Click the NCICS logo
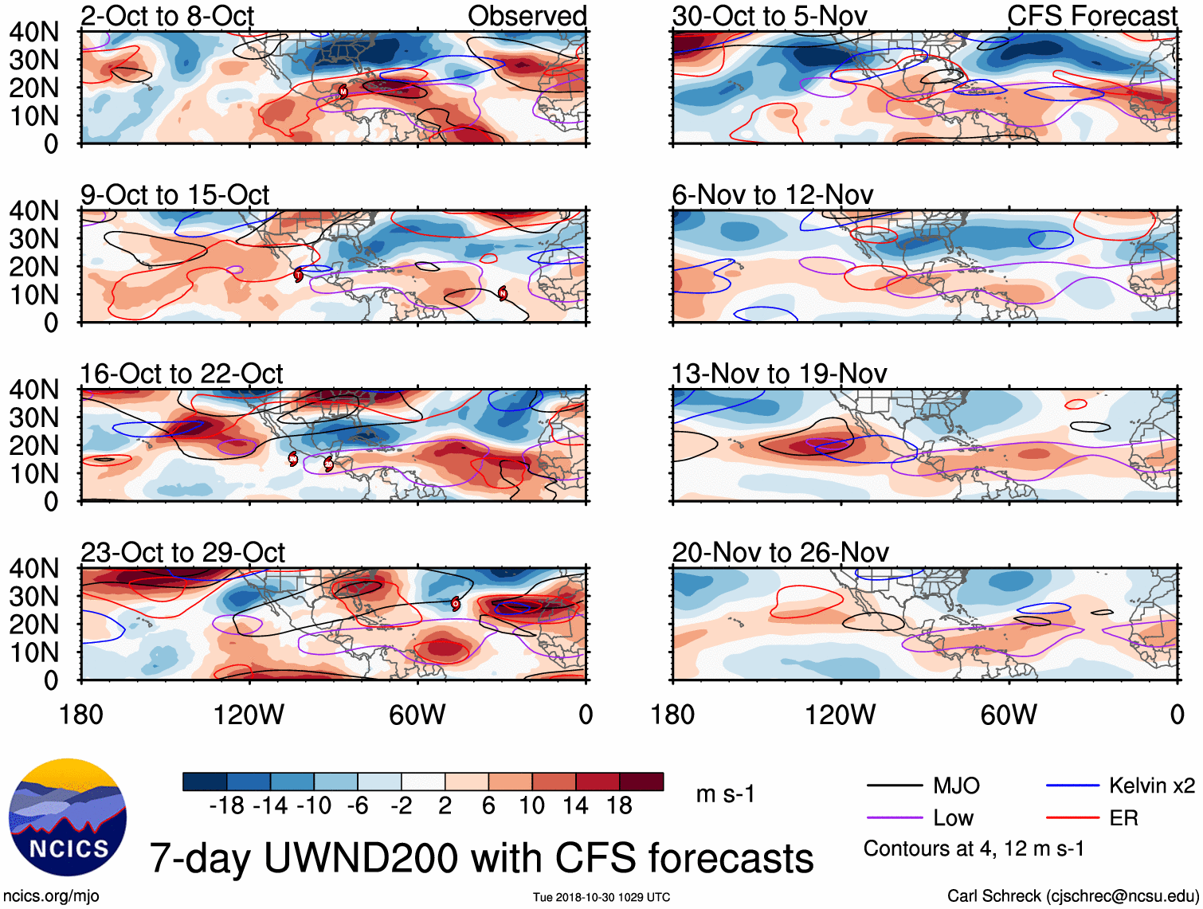point(68,817)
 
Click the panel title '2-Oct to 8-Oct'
point(167,15)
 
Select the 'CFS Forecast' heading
point(1091,15)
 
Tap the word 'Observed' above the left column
point(527,15)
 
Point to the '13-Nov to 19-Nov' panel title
point(779,374)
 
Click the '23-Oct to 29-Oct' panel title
point(182,552)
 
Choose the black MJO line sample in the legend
point(895,786)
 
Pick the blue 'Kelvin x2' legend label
point(1151,786)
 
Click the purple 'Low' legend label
point(953,818)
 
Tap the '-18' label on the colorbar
point(226,806)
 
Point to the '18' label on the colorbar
point(619,806)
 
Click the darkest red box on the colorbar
point(641,782)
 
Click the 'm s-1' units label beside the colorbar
point(725,794)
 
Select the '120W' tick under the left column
point(249,715)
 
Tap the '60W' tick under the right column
point(1009,715)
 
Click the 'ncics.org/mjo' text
point(51,895)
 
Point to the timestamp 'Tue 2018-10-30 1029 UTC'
point(601,897)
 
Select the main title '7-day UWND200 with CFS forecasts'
point(481,858)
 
